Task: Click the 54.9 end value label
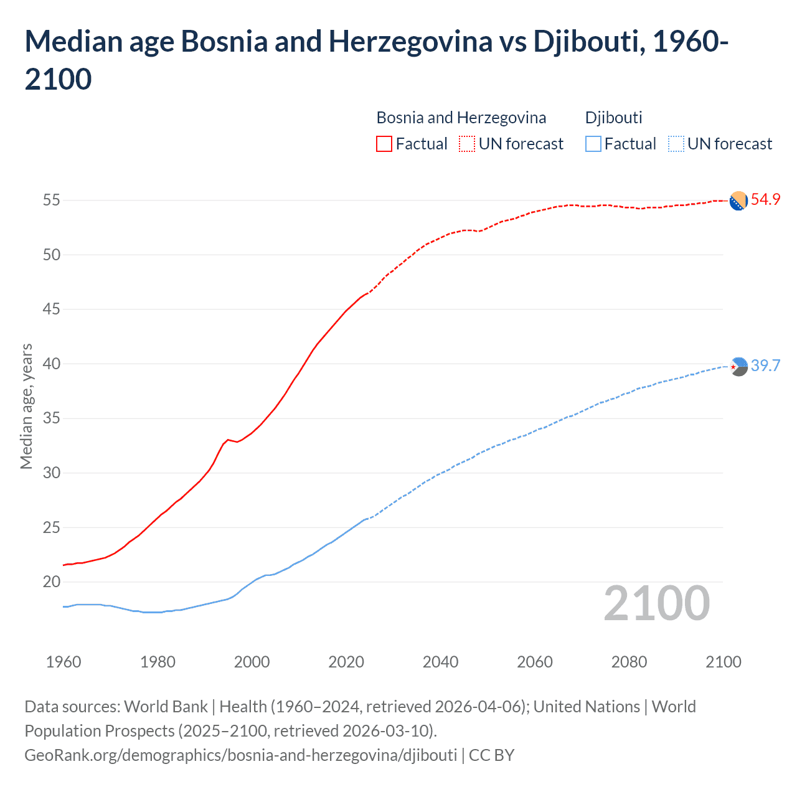[x=765, y=199]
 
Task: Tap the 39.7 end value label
[x=765, y=365]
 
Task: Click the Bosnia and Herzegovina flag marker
[x=738, y=201]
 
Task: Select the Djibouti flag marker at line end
[x=738, y=367]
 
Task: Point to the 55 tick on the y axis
[x=52, y=200]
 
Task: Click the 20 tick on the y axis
[x=52, y=582]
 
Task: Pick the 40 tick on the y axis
[x=52, y=364]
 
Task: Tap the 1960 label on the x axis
[x=64, y=662]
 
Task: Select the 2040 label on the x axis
[x=440, y=662]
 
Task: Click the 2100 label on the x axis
[x=723, y=662]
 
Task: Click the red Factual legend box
[x=384, y=144]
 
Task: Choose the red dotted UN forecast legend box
[x=467, y=144]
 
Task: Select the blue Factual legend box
[x=593, y=144]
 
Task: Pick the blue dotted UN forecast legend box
[x=676, y=144]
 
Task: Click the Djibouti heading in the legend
[x=613, y=118]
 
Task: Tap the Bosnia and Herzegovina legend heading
[x=461, y=118]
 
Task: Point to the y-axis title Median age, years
[x=26, y=406]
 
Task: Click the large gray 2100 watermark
[x=656, y=603]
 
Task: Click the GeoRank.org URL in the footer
[x=240, y=755]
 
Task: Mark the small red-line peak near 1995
[x=228, y=440]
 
